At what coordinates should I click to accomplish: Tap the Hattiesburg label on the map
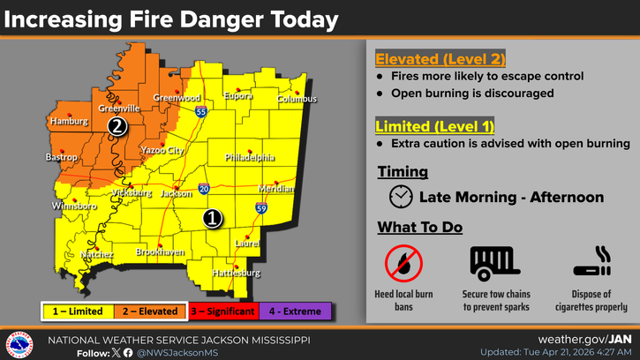pos(237,274)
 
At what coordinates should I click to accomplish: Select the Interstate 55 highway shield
pos(202,113)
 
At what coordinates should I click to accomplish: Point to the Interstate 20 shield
pos(204,189)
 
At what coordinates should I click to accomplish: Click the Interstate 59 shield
pos(261,208)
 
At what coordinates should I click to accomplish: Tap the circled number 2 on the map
pos(117,127)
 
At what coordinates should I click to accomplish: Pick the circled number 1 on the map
pos(212,218)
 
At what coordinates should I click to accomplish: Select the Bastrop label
pos(62,157)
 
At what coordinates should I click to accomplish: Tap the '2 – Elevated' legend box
pos(149,311)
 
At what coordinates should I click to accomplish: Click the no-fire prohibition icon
pos(403,263)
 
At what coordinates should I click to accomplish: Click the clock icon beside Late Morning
pos(401,197)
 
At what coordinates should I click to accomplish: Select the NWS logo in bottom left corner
pos(19,345)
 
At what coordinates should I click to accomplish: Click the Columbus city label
pos(297,99)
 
